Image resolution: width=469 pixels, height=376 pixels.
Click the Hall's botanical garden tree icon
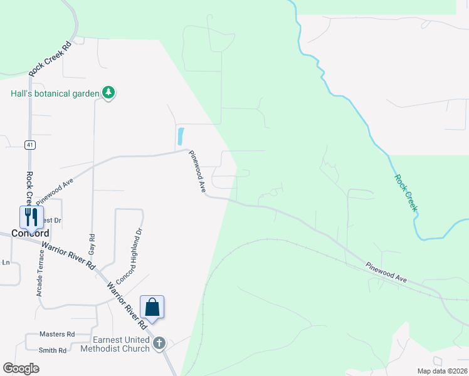click(109, 93)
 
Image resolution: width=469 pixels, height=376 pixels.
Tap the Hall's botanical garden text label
click(55, 93)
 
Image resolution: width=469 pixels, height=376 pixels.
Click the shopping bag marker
click(152, 307)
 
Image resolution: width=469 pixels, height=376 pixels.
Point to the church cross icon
click(159, 343)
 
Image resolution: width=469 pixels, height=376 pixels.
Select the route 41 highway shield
click(29, 145)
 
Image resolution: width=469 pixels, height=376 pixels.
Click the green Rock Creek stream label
click(406, 192)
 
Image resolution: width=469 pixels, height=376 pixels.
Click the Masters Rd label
click(56, 335)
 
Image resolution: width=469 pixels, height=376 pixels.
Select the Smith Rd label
click(53, 350)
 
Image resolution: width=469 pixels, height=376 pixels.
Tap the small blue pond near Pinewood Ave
click(181, 136)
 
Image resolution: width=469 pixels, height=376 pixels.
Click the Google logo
click(21, 368)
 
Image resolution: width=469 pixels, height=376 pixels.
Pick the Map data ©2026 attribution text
click(442, 371)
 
